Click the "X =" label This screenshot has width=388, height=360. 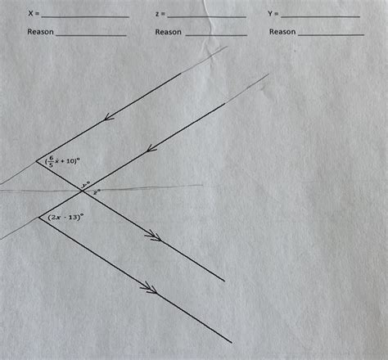coord(33,15)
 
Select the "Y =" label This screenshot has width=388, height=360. coord(273,15)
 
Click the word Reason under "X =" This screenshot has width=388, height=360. coord(40,32)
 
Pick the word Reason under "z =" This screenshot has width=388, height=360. coord(168,32)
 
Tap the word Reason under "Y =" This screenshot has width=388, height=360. coord(282,32)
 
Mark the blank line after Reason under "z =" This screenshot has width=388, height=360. coord(216,35)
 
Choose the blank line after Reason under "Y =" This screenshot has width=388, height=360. coord(332,35)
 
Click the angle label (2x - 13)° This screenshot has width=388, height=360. coord(66,217)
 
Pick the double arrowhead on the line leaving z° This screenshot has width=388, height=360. coord(151,236)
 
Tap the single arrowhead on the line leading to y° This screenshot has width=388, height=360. coord(150,148)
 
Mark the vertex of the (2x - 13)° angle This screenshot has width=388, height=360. coord(38,217)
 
